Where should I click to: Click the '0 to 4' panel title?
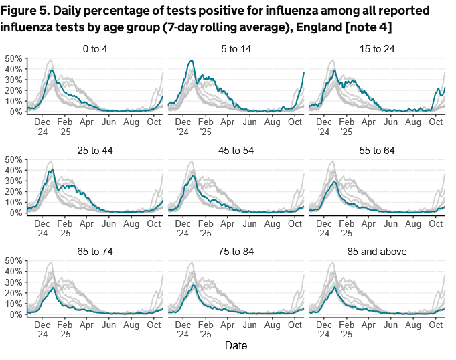(x=94, y=50)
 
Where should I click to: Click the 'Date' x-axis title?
(x=236, y=346)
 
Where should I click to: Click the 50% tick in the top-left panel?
(x=13, y=58)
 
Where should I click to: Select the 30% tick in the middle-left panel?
(x=13, y=181)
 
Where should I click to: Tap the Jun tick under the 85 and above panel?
(x=391, y=325)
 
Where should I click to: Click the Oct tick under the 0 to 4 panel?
(x=153, y=122)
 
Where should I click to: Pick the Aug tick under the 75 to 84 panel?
(x=273, y=325)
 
